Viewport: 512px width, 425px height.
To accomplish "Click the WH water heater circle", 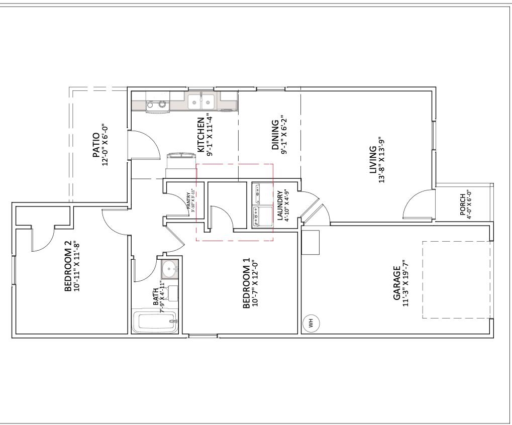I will (x=311, y=324).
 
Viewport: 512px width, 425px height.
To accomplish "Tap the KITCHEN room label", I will (x=200, y=135).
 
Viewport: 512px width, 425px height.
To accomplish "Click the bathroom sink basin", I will (x=170, y=268).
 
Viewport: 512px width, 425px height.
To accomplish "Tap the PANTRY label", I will (x=189, y=200).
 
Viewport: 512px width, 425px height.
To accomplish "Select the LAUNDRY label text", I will (x=280, y=206).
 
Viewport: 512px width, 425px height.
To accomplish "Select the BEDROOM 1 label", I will (x=246, y=284).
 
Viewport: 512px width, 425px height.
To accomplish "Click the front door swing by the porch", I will (x=417, y=205).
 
